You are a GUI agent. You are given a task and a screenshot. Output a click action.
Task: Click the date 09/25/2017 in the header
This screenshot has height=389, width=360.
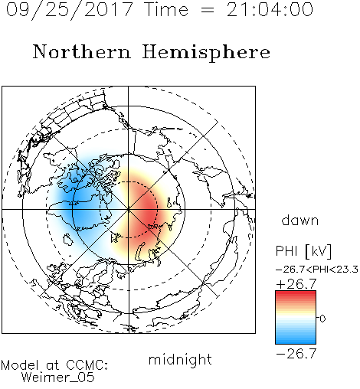tap(70, 10)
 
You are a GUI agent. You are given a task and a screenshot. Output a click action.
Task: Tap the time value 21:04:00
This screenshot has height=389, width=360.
tap(270, 9)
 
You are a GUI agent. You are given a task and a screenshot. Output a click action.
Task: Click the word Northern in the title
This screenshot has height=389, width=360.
tap(82, 51)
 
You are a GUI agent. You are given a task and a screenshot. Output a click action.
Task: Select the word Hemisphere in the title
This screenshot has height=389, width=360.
tap(206, 53)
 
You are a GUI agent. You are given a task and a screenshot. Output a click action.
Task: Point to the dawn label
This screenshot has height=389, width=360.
tap(300, 220)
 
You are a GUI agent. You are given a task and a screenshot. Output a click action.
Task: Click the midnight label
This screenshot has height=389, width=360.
tap(180, 360)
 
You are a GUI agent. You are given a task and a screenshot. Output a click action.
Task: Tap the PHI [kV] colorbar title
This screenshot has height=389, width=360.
tap(304, 251)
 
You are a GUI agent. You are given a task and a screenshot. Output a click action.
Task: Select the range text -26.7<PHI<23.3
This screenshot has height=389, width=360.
tap(317, 270)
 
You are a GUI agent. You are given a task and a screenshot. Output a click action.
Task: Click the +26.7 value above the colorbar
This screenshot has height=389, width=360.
tap(296, 284)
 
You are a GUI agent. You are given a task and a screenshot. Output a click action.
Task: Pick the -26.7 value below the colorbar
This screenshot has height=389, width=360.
tap(296, 354)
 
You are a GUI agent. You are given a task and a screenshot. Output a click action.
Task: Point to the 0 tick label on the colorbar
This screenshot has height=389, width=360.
tap(322, 319)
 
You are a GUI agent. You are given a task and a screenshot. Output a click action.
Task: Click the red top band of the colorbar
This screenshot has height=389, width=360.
tap(296, 296)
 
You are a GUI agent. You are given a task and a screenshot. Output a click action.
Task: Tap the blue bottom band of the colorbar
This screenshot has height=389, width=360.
tap(296, 339)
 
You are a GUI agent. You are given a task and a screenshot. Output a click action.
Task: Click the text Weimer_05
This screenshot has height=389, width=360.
tap(58, 378)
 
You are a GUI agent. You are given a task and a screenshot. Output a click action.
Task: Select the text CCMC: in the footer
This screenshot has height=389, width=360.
tap(87, 365)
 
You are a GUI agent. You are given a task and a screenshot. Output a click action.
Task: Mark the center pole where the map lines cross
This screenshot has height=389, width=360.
tap(129, 209)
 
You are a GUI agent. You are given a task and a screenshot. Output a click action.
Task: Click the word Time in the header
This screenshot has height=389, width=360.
tap(166, 10)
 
